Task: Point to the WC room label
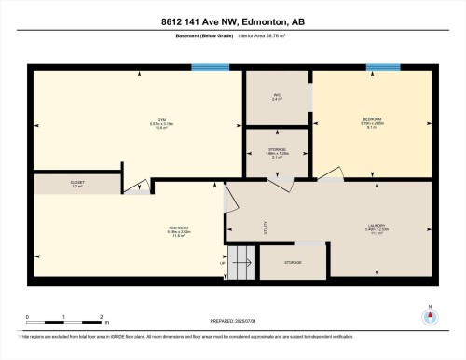click(277, 95)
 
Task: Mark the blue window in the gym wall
click(210, 67)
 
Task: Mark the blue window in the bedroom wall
click(377, 67)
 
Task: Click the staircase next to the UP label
click(241, 263)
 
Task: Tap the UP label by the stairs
click(223, 263)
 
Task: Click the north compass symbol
click(429, 314)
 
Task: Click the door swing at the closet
click(136, 187)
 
